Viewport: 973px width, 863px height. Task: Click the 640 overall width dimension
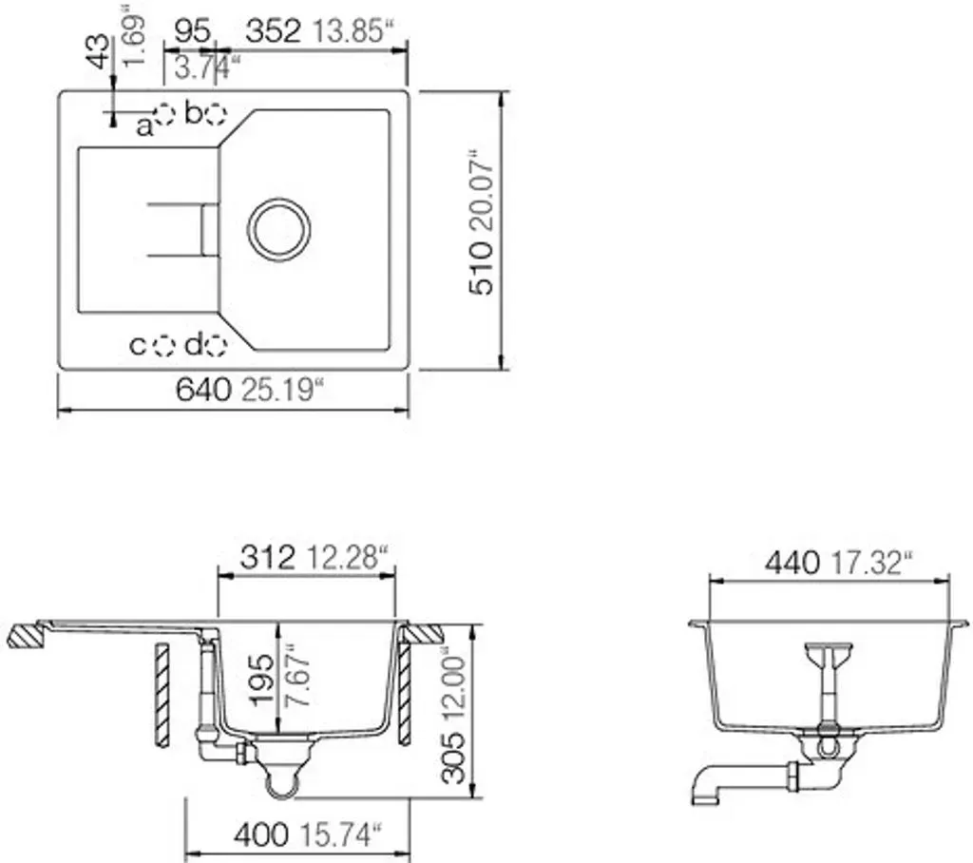203,390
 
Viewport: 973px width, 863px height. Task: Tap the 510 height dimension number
482,268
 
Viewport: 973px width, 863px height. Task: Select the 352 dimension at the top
273,31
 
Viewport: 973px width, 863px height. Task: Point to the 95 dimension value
192,31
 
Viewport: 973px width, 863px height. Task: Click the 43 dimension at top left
99,51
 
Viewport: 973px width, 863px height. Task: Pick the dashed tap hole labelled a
165,114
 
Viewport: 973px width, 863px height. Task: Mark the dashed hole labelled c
164,345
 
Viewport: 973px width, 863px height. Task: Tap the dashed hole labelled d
216,345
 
